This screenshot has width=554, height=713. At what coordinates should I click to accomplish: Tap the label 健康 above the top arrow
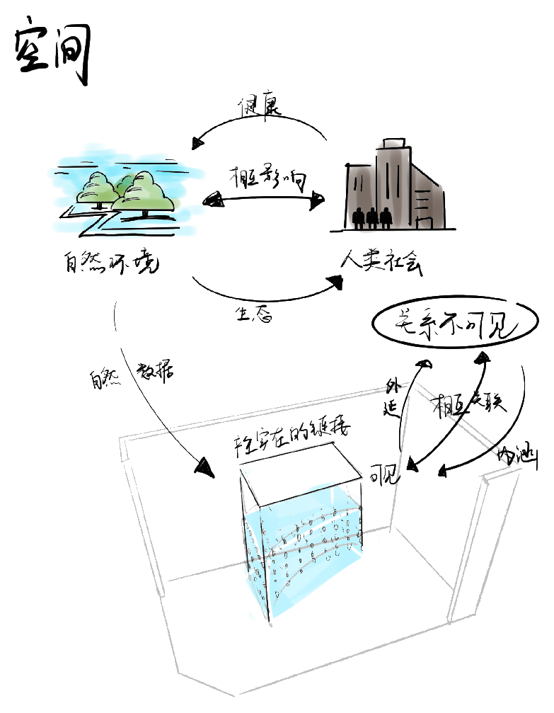click(x=259, y=106)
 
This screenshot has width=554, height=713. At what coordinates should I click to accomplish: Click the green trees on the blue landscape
click(x=127, y=190)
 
